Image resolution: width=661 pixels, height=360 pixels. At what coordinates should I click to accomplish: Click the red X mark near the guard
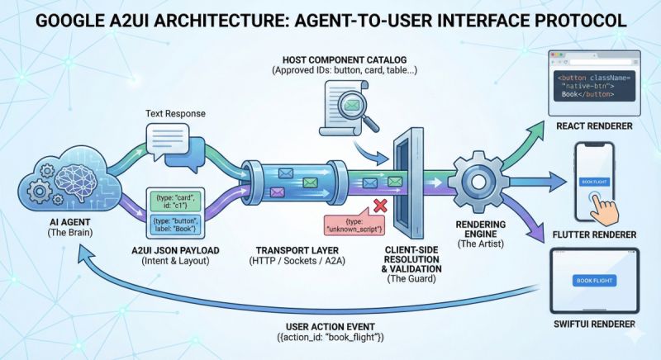click(381, 204)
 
